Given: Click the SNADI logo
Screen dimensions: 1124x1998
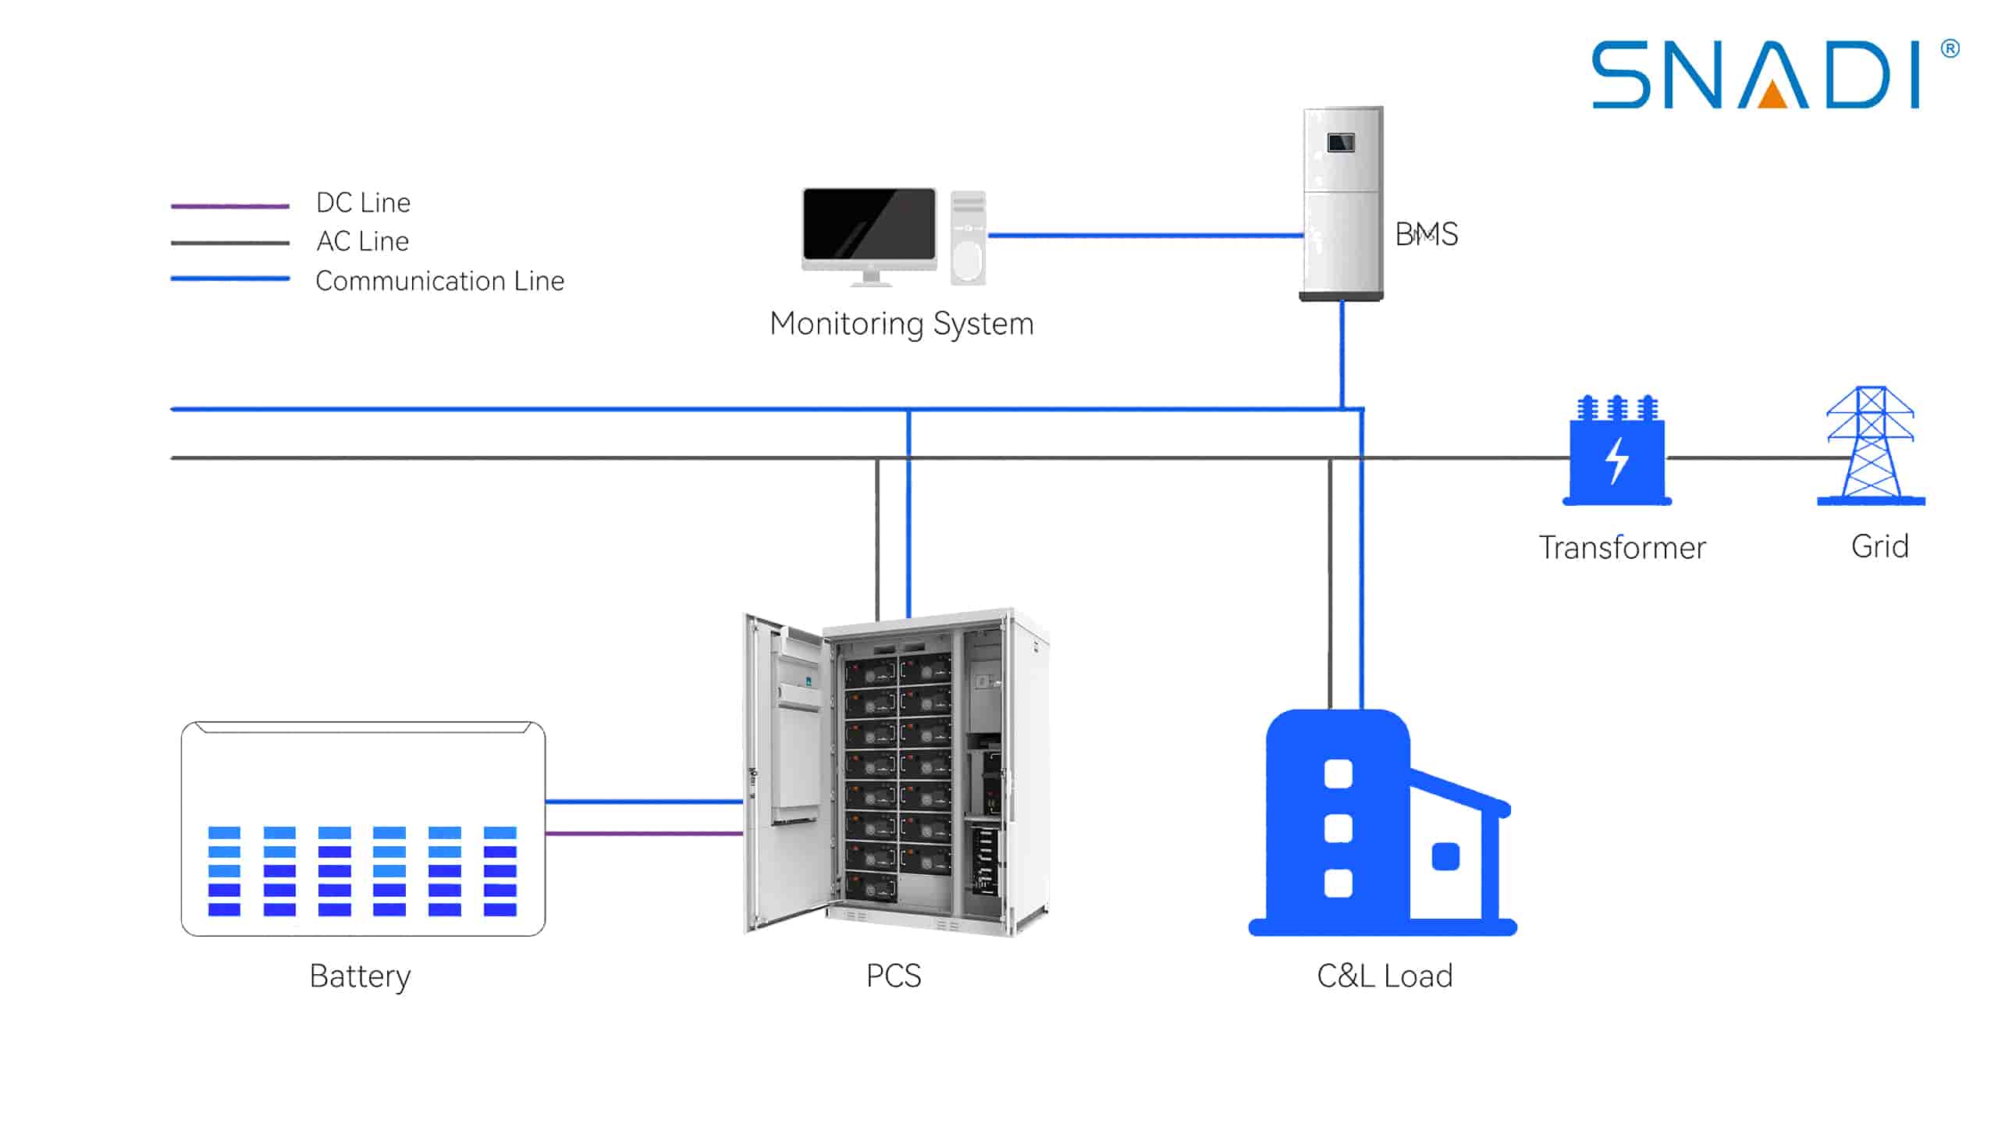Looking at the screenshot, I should pos(1756,75).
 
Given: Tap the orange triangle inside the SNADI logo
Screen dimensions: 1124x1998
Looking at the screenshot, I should pos(1773,95).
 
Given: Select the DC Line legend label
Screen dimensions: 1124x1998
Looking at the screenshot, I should pos(363,203).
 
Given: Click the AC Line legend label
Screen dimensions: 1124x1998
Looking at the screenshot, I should pos(362,241).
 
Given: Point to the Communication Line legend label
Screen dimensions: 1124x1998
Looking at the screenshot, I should pos(439,281).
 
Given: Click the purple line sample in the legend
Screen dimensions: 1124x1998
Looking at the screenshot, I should pos(230,206).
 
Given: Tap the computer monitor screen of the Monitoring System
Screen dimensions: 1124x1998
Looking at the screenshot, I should pos(869,224).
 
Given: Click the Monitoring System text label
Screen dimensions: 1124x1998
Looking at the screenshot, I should pos(901,324).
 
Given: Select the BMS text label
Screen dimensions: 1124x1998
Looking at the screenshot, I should pos(1426,234).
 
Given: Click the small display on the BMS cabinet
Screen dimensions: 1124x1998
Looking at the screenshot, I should pos(1341,143).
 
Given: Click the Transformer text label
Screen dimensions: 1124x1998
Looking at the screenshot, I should pos(1622,548).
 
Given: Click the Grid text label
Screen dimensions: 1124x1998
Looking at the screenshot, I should pos(1879,546).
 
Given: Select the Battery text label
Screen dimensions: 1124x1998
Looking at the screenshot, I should pos(360,976).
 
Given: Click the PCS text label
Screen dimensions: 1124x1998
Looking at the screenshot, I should pos(894,976).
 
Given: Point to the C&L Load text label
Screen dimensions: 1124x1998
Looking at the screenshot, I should pos(1385,976).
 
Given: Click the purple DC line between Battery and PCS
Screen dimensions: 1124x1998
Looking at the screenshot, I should pos(644,834).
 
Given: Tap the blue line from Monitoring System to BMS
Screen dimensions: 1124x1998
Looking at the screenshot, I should pos(1146,235).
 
